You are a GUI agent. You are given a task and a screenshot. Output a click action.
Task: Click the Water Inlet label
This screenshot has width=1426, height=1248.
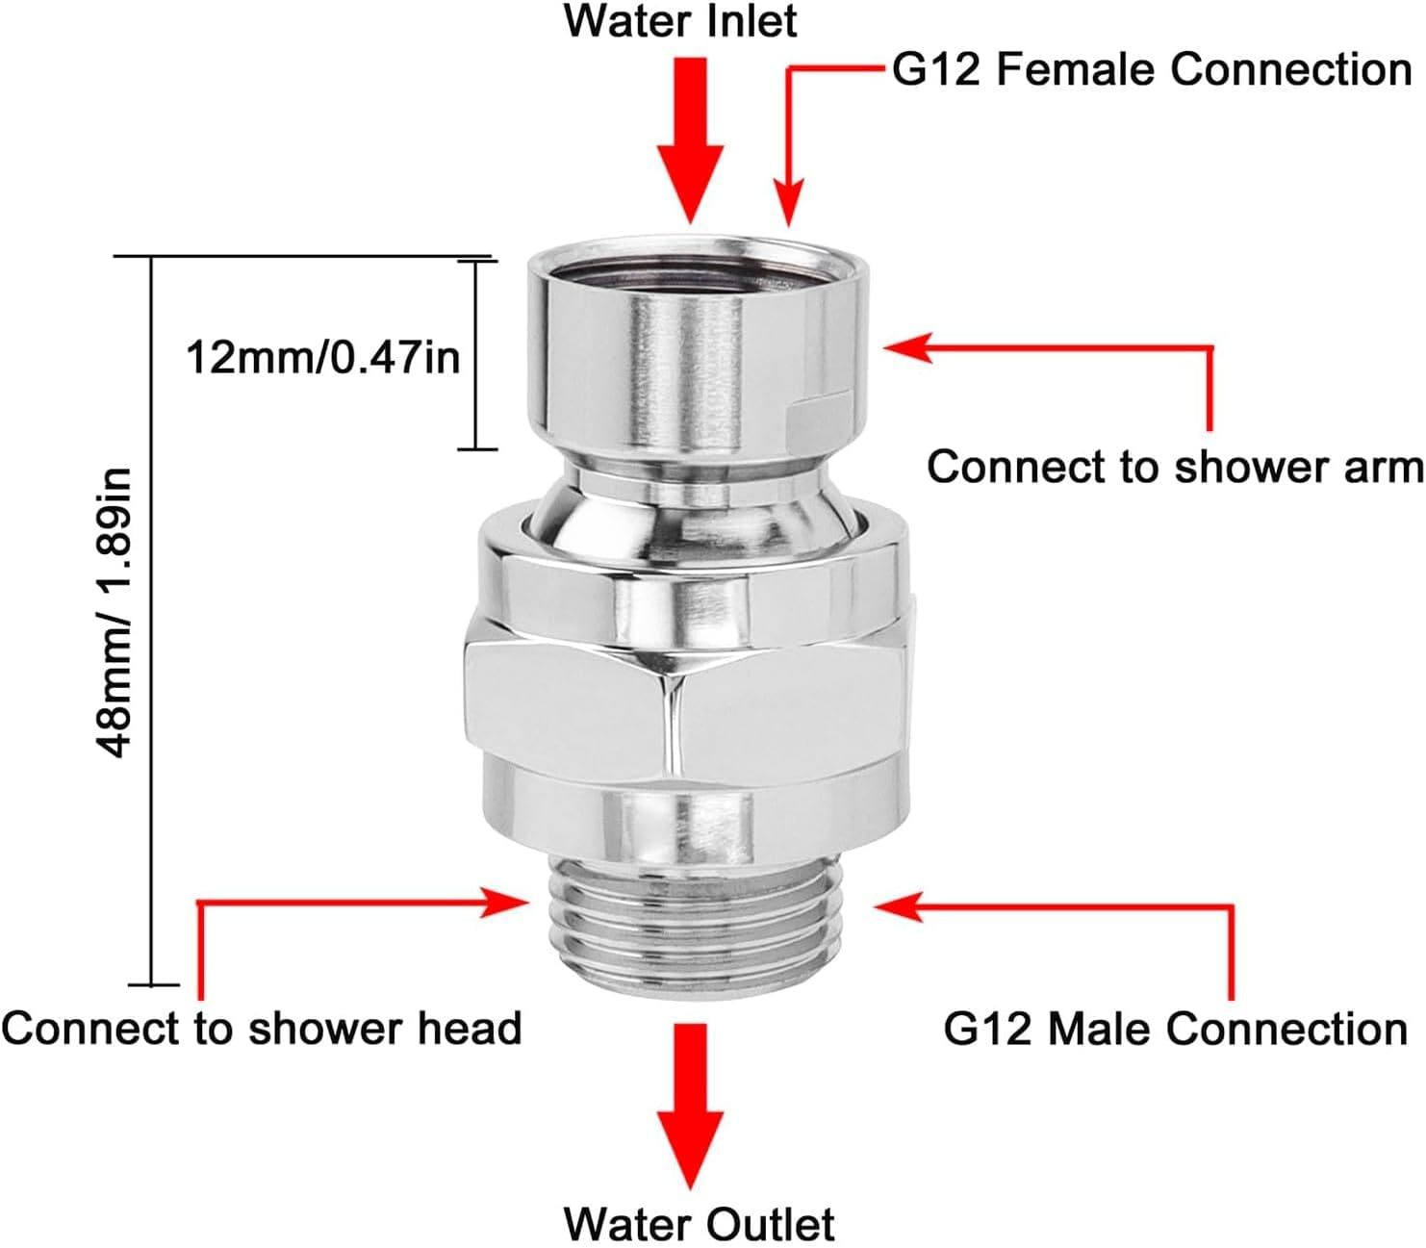[x=679, y=21]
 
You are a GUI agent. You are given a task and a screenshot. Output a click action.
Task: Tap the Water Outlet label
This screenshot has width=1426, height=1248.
[x=699, y=1224]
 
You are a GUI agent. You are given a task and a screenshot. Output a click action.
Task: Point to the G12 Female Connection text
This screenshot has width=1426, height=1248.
[x=1152, y=69]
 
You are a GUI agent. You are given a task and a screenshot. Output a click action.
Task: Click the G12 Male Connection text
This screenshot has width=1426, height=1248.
[x=1175, y=1029]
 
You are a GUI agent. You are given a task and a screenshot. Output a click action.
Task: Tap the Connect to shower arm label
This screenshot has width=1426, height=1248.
[x=1174, y=467]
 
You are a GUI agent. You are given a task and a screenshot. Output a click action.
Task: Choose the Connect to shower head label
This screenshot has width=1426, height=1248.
[x=261, y=1028]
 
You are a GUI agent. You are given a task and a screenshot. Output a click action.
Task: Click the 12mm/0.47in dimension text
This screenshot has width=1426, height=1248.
[x=322, y=358]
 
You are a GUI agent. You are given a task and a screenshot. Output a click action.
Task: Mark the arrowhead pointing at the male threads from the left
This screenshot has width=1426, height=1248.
[x=509, y=903]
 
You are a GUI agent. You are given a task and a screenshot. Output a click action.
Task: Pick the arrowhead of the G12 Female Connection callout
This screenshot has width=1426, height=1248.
[x=789, y=208]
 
